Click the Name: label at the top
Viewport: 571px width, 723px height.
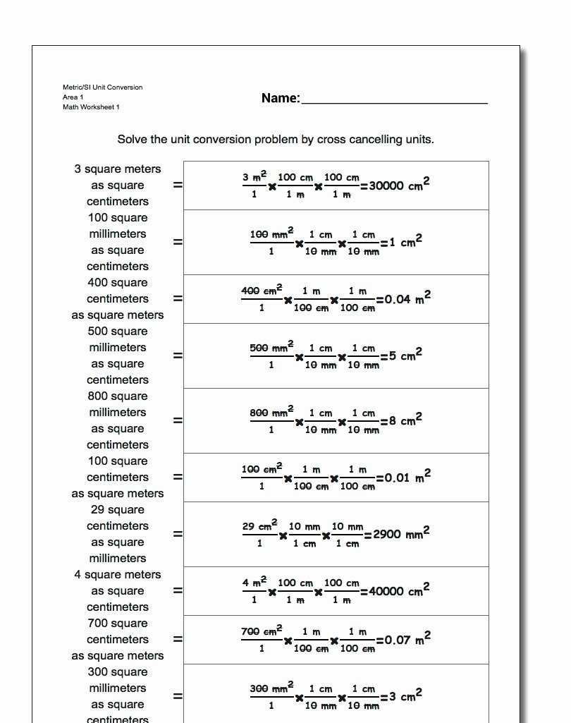coord(281,98)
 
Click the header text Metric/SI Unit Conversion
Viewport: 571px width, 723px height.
coord(102,87)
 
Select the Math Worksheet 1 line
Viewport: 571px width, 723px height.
coord(91,107)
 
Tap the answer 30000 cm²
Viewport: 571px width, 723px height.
coord(399,186)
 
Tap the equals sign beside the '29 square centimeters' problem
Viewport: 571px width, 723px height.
coord(178,534)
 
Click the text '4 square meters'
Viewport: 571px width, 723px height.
coord(118,575)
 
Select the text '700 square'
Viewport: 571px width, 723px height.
coord(118,624)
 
